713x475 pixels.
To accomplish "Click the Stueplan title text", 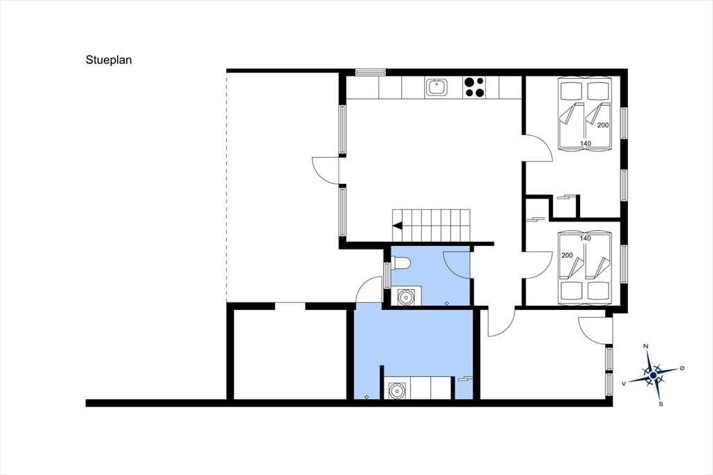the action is coord(109,60).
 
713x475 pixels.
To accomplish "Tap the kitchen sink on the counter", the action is coord(436,87).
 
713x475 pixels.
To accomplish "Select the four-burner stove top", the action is coord(473,87).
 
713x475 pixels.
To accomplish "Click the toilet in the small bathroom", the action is coord(401,263).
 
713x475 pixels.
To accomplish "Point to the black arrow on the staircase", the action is coord(398,225).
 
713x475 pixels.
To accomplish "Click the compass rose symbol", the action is coord(653,375).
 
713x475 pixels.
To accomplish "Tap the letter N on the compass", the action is coord(645,347).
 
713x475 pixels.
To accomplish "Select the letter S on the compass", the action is coord(661,403).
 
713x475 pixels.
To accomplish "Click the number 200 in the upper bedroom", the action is coord(603,125).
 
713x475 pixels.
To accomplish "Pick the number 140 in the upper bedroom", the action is coord(586,143).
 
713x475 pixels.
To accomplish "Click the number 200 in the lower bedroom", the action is coord(567,255).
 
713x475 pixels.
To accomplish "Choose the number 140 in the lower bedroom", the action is coord(586,238).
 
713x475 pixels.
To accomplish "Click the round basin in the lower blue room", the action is coord(396,391).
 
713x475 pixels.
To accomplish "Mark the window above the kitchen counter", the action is coord(370,72).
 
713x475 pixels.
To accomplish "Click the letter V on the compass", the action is coord(624,384).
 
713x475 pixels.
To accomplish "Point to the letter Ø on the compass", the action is coord(682,368).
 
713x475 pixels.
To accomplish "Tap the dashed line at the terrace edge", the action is coord(226,186).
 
